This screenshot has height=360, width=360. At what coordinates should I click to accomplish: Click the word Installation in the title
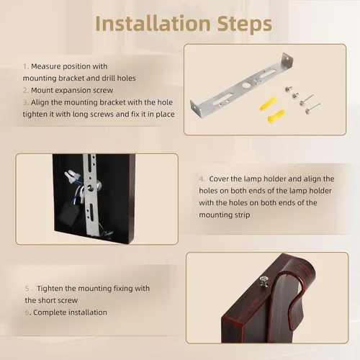(x=153, y=24)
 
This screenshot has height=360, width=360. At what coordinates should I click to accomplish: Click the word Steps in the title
(x=245, y=24)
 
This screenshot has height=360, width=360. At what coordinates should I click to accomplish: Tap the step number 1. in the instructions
(x=26, y=66)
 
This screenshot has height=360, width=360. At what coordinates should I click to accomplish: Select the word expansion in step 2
(x=78, y=91)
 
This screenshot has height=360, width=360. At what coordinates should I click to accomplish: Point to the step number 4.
(x=202, y=179)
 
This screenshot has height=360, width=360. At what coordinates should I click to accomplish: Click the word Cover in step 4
(x=218, y=179)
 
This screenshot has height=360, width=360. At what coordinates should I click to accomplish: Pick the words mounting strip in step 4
(x=225, y=215)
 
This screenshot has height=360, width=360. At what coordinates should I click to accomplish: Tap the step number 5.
(x=29, y=289)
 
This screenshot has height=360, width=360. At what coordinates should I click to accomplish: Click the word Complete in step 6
(x=50, y=312)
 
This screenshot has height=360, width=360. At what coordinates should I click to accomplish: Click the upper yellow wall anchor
(x=269, y=104)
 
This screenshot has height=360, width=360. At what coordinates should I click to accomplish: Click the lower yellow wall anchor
(x=276, y=117)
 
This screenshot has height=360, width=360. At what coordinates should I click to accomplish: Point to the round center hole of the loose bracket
(x=246, y=85)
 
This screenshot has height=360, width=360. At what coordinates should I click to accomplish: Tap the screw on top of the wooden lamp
(x=264, y=281)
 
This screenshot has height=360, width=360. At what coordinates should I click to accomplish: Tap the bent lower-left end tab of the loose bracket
(x=196, y=109)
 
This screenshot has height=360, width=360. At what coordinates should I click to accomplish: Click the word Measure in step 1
(x=45, y=66)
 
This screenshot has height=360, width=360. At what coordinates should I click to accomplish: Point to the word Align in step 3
(x=40, y=102)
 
